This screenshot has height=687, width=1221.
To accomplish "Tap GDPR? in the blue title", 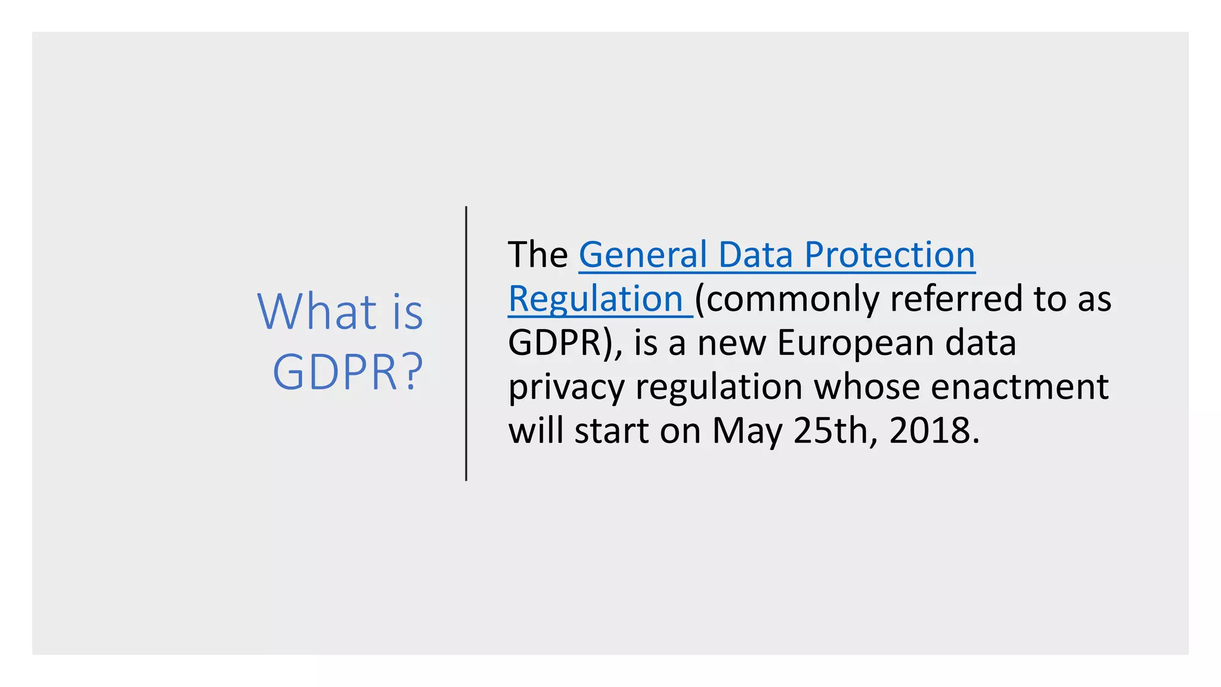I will tap(348, 372).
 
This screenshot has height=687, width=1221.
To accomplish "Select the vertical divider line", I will tap(466, 343).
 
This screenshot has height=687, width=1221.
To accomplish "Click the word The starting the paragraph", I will tap(538, 255).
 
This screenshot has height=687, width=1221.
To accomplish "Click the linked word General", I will tap(643, 255).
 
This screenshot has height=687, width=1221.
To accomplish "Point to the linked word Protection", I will tap(890, 255).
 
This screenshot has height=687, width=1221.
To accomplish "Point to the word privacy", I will tap(566, 388).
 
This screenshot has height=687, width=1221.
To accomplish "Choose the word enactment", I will tap(1019, 387).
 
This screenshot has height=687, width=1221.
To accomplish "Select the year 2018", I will tap(933, 431).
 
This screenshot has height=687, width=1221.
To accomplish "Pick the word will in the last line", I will tap(535, 431).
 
